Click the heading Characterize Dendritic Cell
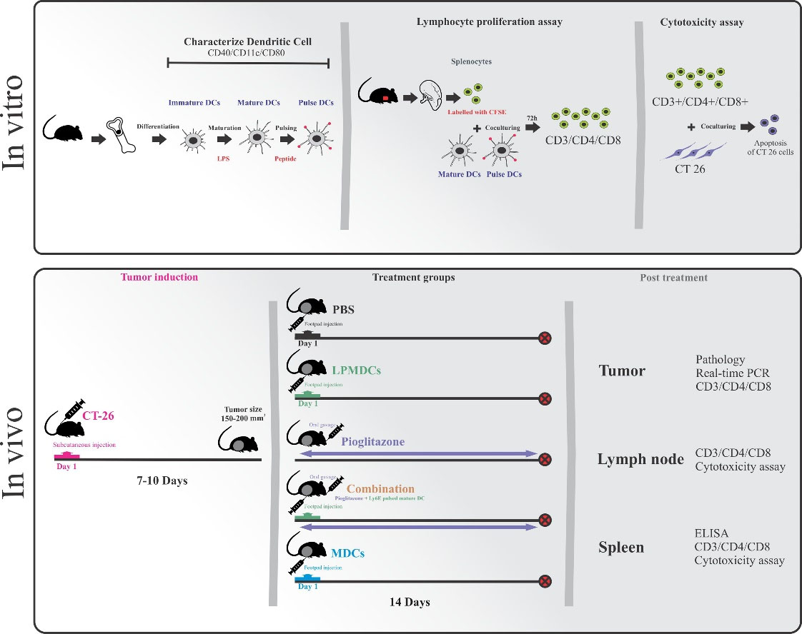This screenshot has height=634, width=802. pyautogui.click(x=247, y=43)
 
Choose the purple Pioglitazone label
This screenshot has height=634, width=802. pyautogui.click(x=372, y=442)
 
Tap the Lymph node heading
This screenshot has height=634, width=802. pyautogui.click(x=640, y=459)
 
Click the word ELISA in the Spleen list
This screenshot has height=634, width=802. pyautogui.click(x=710, y=532)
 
